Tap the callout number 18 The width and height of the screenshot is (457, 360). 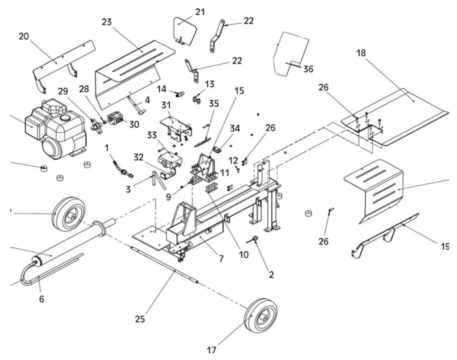361,53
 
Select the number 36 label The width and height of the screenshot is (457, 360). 308,69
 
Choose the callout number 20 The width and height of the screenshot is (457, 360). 24,36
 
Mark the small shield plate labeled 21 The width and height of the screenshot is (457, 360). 184,30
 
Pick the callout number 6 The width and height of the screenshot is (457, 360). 42,299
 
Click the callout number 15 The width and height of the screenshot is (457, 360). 239,91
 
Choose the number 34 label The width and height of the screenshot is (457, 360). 235,129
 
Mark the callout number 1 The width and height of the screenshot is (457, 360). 107,147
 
